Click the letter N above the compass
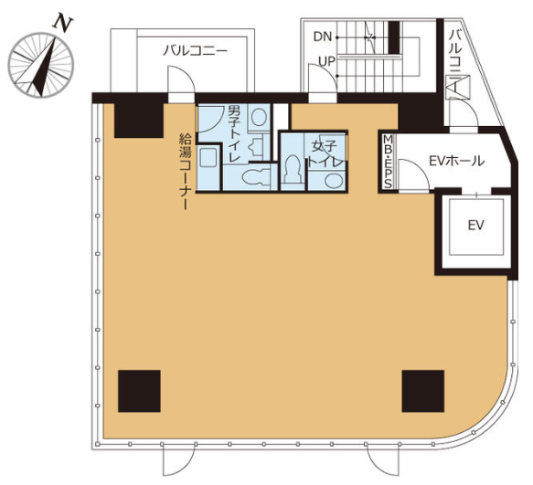click(62, 23)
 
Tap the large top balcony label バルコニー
click(195, 51)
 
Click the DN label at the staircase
click(322, 37)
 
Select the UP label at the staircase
click(326, 61)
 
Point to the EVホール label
click(456, 161)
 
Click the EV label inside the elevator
click(475, 225)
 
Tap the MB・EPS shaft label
click(388, 162)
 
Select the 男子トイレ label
click(234, 133)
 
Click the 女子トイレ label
click(325, 153)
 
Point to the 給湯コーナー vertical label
click(186, 172)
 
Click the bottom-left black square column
click(139, 391)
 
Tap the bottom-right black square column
click(423, 391)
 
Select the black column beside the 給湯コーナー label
click(139, 121)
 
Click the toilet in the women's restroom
click(293, 170)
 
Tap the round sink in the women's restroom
click(334, 180)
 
